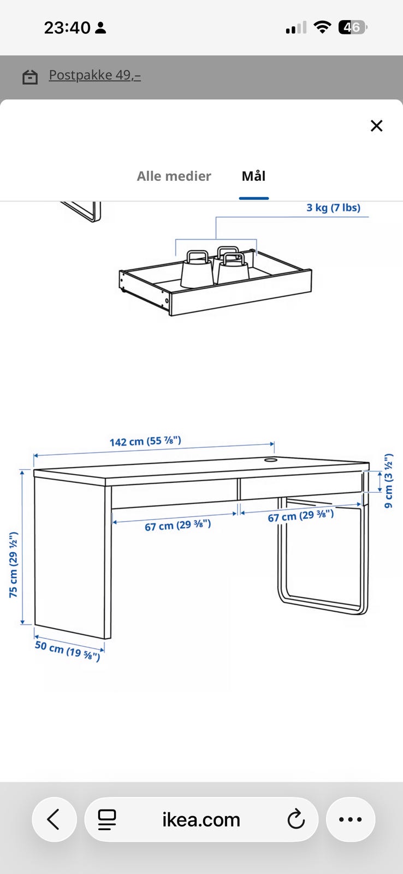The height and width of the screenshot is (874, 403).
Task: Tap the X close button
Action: tap(376, 126)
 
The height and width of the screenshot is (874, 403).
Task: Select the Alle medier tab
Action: tap(174, 176)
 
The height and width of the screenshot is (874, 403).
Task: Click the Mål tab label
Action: tap(253, 176)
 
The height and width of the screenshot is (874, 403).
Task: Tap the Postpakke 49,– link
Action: tap(95, 75)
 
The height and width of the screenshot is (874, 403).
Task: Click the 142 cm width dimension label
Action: tap(145, 441)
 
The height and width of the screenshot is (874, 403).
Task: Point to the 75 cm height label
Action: tap(13, 564)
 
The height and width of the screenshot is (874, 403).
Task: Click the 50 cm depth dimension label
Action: tap(68, 651)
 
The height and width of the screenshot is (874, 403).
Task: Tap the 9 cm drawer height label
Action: tap(388, 481)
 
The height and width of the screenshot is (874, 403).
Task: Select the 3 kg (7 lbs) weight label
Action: tap(333, 208)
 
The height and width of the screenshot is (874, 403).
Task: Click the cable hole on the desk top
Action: tap(270, 460)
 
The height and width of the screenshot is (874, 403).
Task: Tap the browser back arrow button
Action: tap(54, 819)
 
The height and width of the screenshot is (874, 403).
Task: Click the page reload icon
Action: tap(296, 819)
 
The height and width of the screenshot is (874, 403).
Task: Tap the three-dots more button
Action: tap(351, 819)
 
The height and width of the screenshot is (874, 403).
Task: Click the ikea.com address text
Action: tap(201, 819)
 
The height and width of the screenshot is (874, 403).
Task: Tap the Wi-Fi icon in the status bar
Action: tap(322, 27)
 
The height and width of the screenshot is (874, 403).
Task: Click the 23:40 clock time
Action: tap(67, 28)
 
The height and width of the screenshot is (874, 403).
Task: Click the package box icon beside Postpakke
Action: tap(30, 76)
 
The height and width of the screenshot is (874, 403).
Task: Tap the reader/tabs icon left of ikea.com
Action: tap(106, 819)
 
